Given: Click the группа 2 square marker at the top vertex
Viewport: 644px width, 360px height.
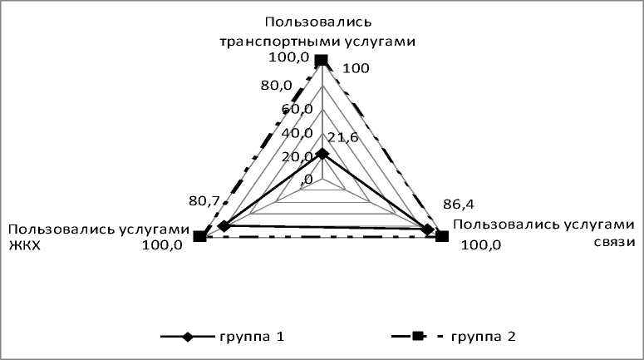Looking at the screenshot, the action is point(321,60).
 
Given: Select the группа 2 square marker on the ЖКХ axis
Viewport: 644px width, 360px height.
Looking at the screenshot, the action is point(199,237).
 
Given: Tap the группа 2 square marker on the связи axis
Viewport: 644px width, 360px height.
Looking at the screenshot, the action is point(442,237).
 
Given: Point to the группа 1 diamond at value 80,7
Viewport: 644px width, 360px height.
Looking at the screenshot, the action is point(223,226).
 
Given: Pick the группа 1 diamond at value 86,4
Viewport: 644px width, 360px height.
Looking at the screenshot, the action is point(428,229).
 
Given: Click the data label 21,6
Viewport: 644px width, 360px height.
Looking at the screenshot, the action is point(343,137).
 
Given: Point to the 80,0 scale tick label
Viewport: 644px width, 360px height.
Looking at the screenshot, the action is point(276,85).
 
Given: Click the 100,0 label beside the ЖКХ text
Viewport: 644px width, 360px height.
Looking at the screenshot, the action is point(162,245).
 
